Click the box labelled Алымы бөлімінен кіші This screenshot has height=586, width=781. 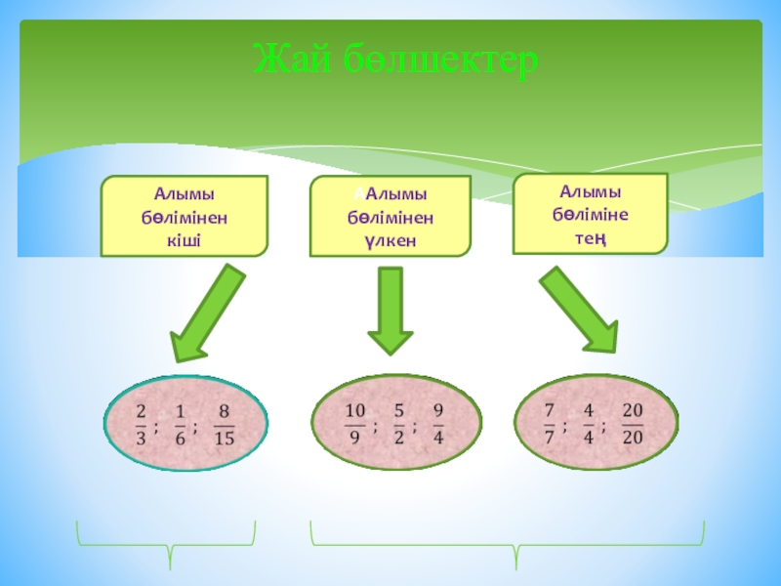tap(185, 216)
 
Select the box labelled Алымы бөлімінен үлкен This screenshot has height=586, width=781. tap(390, 217)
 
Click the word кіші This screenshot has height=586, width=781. tap(185, 238)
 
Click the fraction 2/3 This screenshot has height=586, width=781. tap(142, 425)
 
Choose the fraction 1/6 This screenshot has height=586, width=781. tap(180, 425)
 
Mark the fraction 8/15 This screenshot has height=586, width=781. tap(224, 425)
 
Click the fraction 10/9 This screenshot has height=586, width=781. tap(354, 424)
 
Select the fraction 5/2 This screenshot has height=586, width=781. tap(399, 424)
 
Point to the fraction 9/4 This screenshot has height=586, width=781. tap(438, 424)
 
